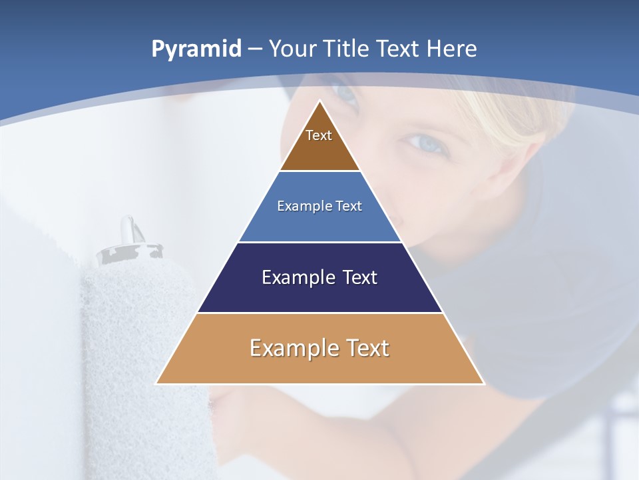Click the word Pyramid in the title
[196, 49]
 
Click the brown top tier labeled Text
[319, 150]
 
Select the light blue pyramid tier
[319, 223]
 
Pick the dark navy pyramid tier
[319, 293]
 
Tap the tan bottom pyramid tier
[319, 363]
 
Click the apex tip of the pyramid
[320, 102]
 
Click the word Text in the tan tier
[367, 348]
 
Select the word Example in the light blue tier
[302, 206]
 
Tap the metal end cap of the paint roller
[130, 249]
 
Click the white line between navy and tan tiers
[319, 313]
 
